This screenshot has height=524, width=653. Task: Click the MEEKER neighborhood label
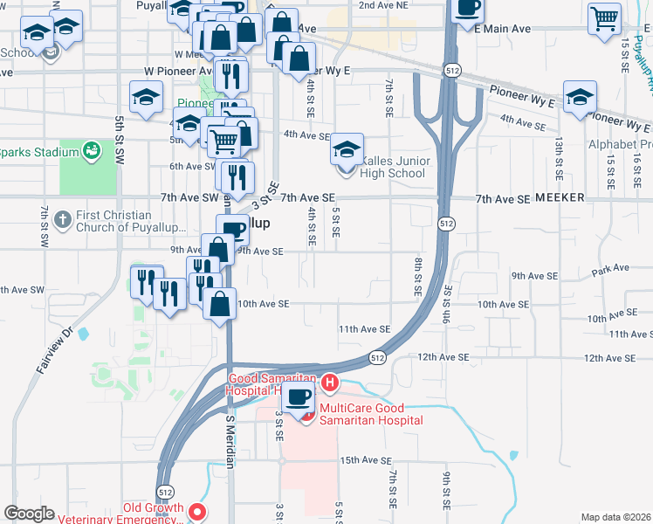point(560,198)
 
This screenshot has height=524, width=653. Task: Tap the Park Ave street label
point(604,272)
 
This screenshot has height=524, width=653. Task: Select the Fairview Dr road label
point(54,349)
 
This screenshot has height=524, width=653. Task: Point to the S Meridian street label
point(230,442)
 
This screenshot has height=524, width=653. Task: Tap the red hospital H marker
point(329,383)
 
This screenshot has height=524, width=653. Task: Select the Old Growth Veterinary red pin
point(198,512)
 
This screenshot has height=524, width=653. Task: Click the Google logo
point(29,514)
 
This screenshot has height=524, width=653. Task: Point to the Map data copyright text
point(615,517)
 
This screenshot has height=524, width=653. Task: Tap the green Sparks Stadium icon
point(91,153)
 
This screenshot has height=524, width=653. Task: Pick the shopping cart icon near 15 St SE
point(604,17)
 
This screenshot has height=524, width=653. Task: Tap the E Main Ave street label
point(503,29)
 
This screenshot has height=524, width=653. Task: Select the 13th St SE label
point(558,154)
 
